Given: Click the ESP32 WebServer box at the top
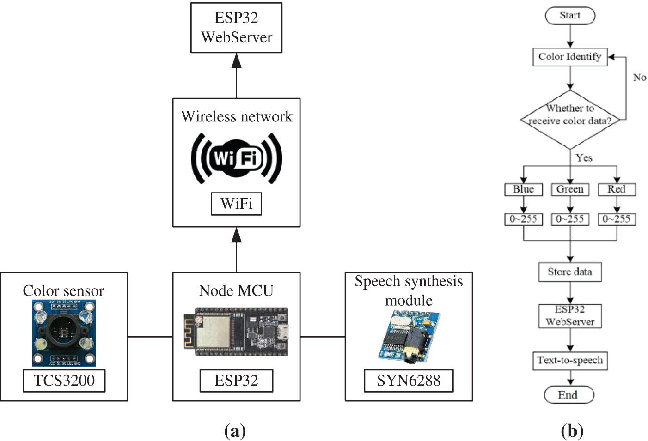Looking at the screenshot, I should (236, 28).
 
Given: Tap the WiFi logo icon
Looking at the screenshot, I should (236, 158).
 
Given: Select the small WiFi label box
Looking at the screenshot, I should (236, 204).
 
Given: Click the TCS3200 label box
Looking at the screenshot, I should (64, 381).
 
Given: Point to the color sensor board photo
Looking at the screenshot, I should (64, 333).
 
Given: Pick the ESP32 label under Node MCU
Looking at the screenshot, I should (236, 381).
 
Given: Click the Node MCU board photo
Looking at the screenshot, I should (236, 332).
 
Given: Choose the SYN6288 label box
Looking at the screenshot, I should (409, 381).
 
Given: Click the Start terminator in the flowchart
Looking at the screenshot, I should (570, 16).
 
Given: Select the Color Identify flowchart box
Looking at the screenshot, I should (570, 57).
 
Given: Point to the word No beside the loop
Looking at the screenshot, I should (640, 78).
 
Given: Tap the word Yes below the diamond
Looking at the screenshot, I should (584, 158).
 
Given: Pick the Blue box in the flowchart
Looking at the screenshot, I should (523, 189).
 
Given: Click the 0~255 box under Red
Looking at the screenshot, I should (617, 219).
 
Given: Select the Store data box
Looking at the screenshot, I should (570, 272).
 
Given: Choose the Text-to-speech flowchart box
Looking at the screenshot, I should (570, 361).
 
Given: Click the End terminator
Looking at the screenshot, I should (569, 395).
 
